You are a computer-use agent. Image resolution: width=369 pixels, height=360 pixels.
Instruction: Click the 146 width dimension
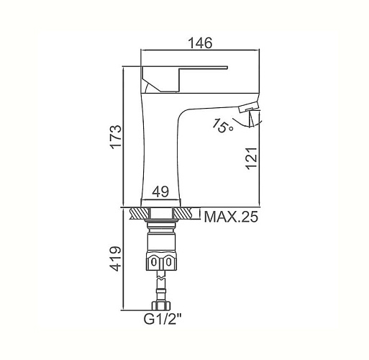(x=200, y=43)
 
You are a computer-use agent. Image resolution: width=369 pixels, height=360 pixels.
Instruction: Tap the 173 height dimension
(x=116, y=137)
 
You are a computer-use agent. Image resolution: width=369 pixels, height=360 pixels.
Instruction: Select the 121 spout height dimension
(x=252, y=158)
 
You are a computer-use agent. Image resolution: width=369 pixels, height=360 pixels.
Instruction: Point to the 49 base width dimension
(x=160, y=192)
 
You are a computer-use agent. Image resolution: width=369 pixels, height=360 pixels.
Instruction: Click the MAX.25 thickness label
(x=231, y=217)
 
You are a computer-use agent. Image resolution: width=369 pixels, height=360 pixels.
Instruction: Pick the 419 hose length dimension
(x=116, y=258)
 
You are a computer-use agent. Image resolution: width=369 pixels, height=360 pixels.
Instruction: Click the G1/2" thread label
(x=163, y=319)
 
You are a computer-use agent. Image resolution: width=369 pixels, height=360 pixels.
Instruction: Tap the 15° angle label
(x=222, y=125)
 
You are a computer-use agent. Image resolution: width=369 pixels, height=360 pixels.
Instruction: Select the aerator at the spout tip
(x=249, y=107)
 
